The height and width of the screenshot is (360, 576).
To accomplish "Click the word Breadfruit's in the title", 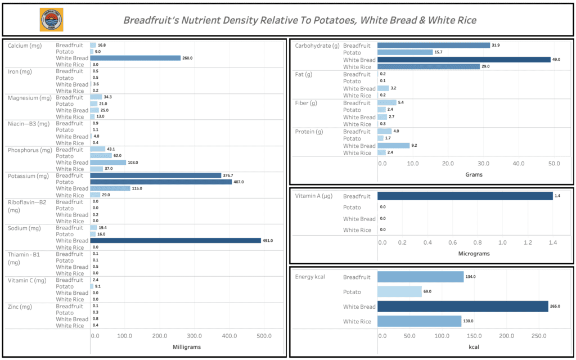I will click(x=150, y=20).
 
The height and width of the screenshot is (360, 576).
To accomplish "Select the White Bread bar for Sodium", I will click(x=175, y=241).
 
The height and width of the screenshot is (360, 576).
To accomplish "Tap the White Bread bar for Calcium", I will click(x=135, y=58).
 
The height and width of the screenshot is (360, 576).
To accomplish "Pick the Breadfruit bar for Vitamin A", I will click(x=465, y=196).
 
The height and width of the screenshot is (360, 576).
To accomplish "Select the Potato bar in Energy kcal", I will click(x=399, y=291).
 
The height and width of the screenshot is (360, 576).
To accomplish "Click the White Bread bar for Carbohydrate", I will click(x=463, y=60).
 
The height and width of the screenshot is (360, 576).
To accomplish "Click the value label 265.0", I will click(x=558, y=307).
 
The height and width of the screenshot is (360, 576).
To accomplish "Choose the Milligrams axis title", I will click(x=186, y=347).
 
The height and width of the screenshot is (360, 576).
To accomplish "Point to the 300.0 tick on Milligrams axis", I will click(x=194, y=336).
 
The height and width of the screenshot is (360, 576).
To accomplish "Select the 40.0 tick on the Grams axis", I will click(x=518, y=164).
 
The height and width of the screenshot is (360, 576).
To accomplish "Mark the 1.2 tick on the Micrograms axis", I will click(x=527, y=242).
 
